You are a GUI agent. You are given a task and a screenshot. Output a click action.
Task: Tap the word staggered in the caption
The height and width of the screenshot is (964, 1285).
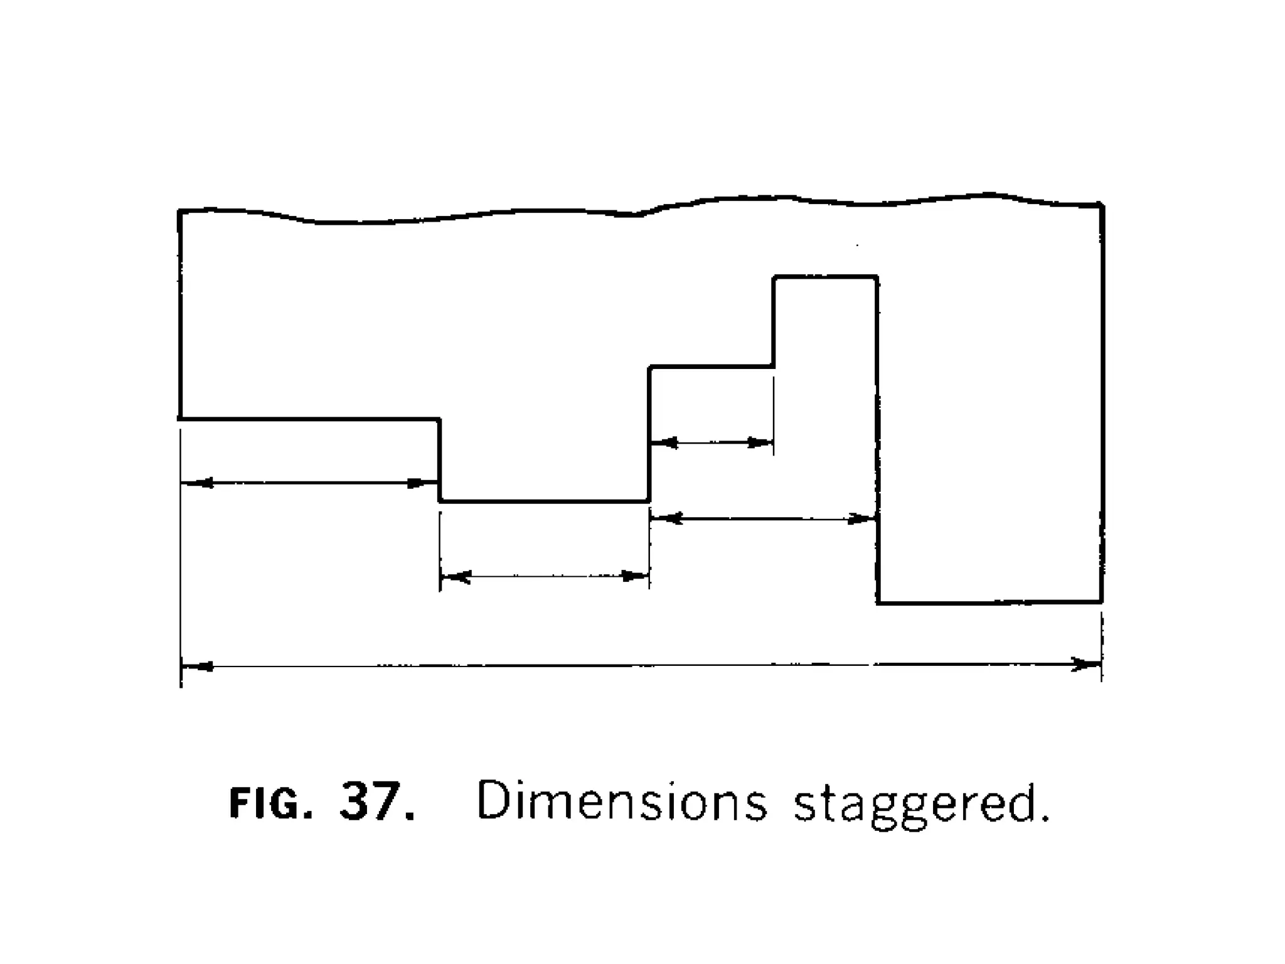pos(920,805)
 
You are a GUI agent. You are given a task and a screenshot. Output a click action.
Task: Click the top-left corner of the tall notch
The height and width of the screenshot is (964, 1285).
pos(774,276)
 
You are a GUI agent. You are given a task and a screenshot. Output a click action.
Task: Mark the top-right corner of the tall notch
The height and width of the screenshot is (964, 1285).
pos(877,276)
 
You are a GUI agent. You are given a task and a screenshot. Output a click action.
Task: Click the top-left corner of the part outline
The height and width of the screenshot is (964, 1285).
pos(180,212)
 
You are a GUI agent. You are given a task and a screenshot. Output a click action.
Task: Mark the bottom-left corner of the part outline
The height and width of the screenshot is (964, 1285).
pos(180,418)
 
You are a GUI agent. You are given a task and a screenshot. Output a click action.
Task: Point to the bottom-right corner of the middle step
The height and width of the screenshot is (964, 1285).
pos(649,501)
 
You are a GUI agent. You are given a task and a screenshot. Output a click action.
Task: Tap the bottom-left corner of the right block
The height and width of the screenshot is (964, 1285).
pos(878,602)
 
